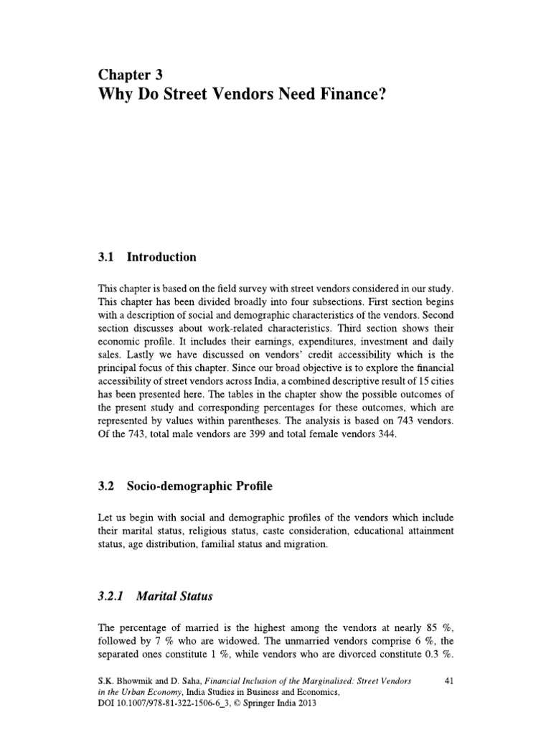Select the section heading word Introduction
[161, 256]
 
